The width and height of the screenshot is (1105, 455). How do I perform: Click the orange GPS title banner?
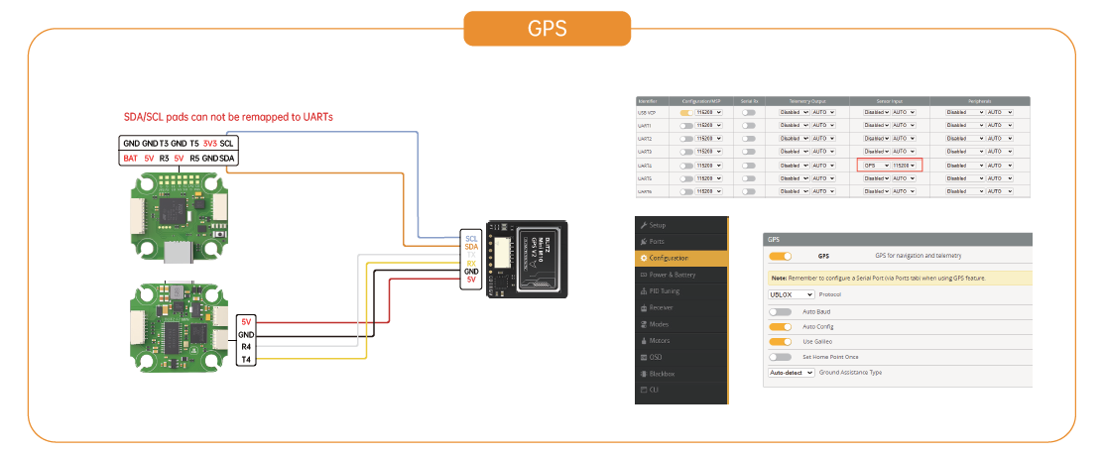[547, 28]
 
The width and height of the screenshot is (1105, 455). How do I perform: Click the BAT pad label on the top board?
[131, 159]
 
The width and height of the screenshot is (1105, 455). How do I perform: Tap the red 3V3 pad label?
[210, 144]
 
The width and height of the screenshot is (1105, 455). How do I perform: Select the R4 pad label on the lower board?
[246, 348]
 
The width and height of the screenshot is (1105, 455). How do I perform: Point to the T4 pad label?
[246, 360]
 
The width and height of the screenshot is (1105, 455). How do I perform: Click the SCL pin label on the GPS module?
[471, 238]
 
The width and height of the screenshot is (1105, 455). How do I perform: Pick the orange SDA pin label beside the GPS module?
[471, 247]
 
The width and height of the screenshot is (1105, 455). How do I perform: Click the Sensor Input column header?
[890, 101]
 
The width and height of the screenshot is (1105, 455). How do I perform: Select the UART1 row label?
[645, 126]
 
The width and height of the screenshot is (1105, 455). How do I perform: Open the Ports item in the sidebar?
[658, 242]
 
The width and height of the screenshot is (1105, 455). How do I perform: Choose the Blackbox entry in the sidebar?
[662, 373]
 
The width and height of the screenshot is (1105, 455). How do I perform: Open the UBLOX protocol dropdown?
[792, 294]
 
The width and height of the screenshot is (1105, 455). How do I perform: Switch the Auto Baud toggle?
[781, 311]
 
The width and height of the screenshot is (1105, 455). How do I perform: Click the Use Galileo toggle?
[781, 340]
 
